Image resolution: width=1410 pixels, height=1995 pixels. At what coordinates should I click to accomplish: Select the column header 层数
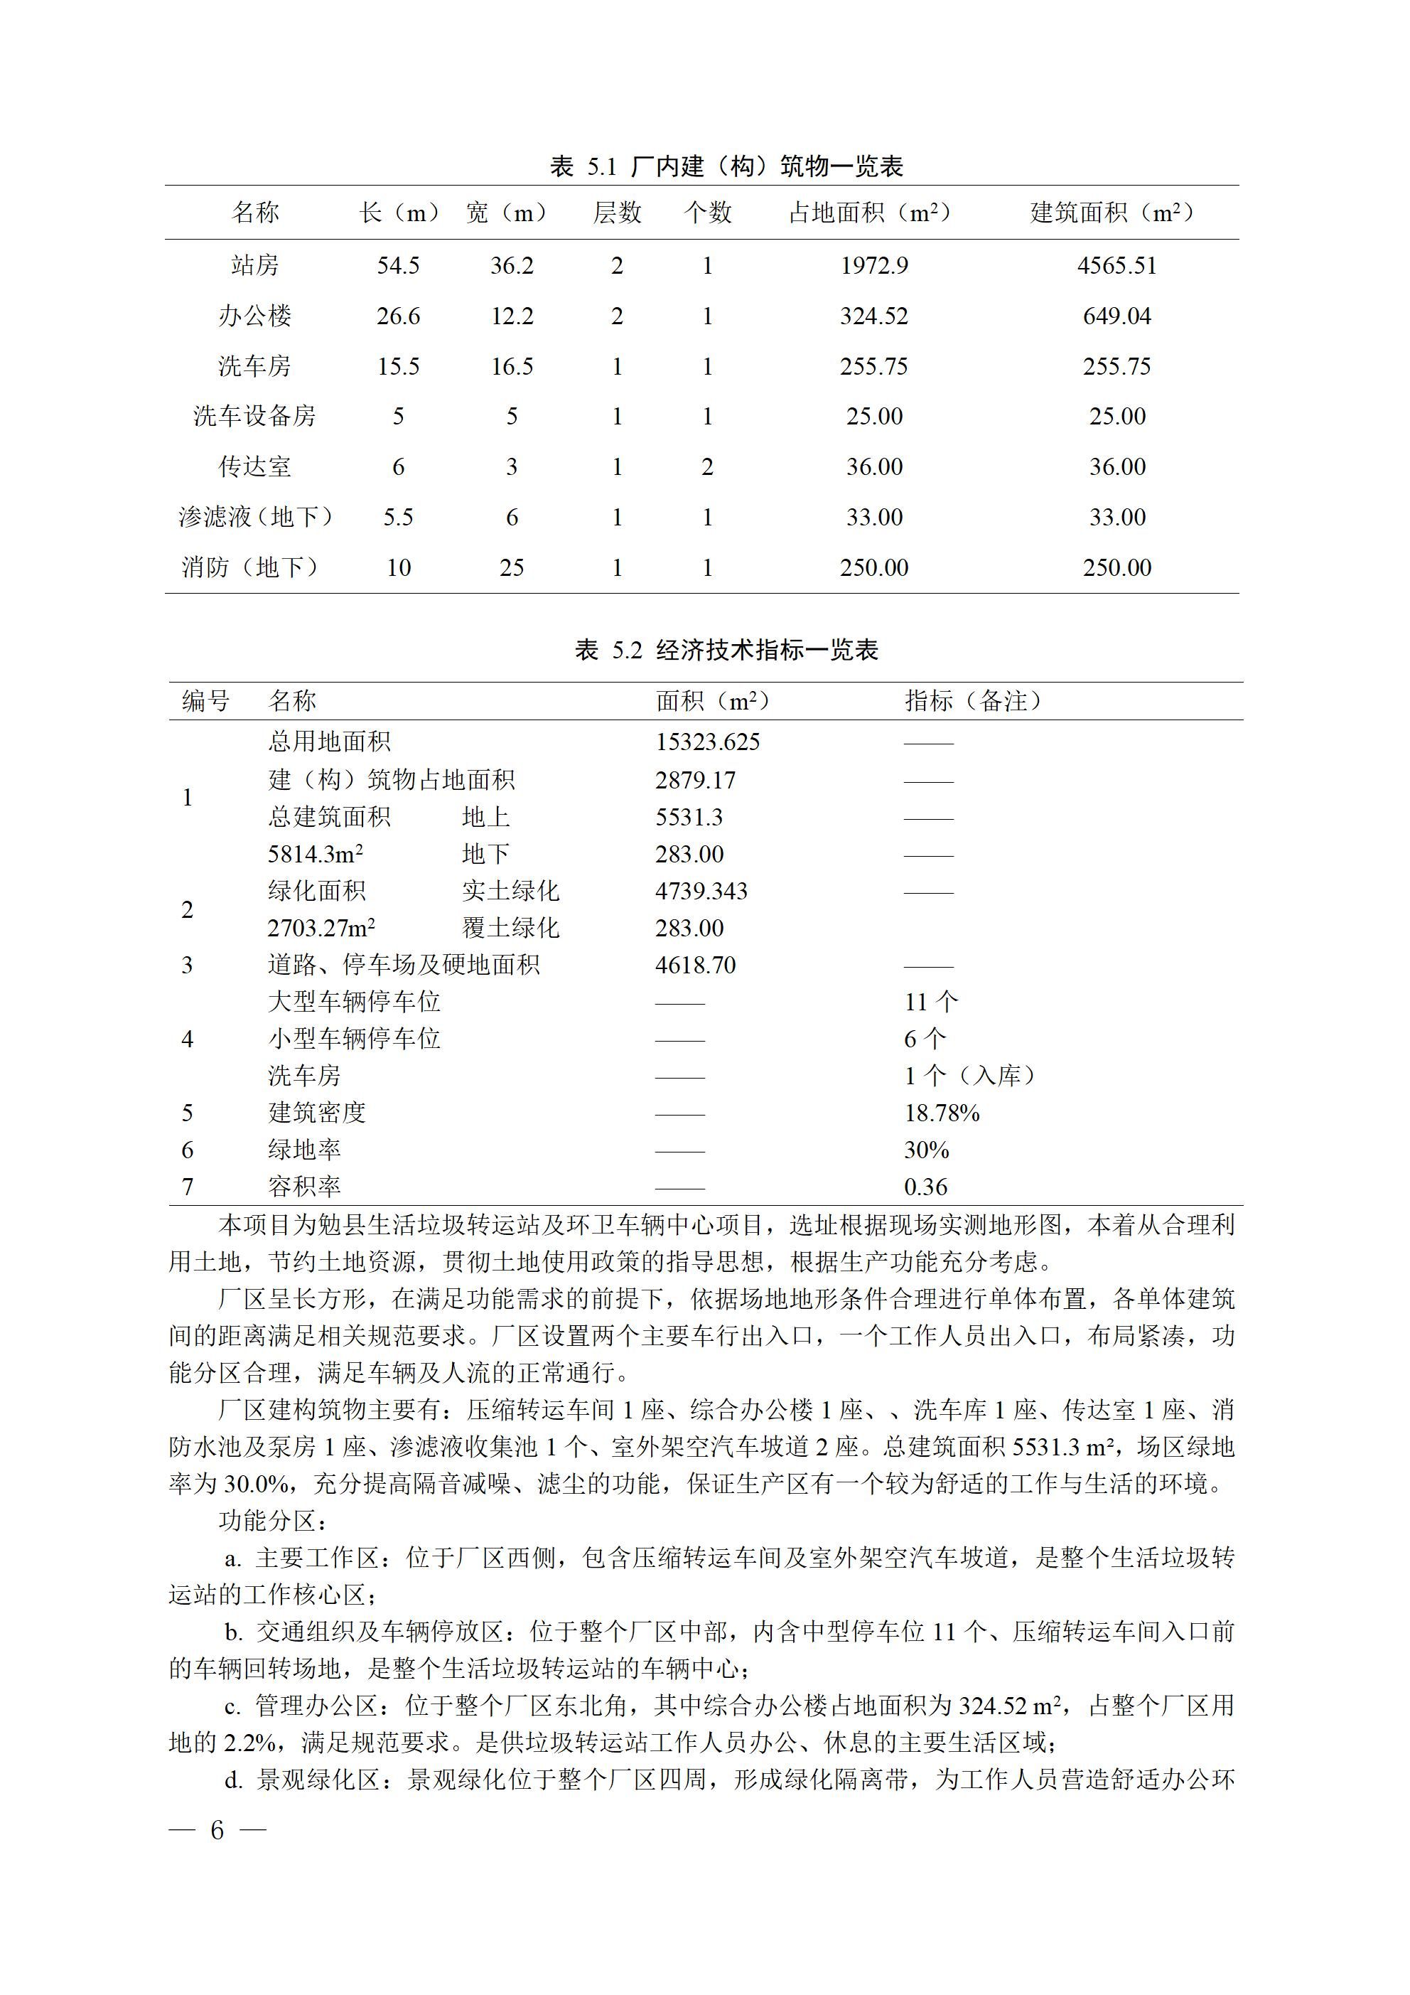point(617,212)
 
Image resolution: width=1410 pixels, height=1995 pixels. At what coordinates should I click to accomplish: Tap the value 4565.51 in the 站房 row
point(1116,265)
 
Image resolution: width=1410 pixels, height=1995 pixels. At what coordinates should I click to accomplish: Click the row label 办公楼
point(254,316)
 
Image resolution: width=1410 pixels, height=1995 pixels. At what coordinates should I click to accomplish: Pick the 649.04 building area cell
point(1116,316)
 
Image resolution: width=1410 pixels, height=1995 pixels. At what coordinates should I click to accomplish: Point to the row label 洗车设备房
point(254,416)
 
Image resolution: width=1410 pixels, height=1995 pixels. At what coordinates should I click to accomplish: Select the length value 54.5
point(398,265)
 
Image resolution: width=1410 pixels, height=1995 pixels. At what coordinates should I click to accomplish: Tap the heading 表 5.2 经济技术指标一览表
point(726,650)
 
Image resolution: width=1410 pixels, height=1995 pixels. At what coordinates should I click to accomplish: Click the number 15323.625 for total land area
point(707,742)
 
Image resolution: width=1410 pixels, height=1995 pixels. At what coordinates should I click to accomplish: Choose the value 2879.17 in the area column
point(695,779)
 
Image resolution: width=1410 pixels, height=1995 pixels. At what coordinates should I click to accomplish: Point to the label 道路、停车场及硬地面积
point(404,965)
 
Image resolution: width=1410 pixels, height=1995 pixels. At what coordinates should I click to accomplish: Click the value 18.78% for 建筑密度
point(942,1113)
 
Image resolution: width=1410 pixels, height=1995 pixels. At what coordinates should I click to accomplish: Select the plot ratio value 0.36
point(926,1187)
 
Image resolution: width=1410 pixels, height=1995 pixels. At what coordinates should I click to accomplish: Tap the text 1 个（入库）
point(972,1076)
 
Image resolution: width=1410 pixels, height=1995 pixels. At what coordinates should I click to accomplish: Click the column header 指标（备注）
point(973,700)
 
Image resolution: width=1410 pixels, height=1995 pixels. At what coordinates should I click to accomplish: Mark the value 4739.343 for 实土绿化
point(701,891)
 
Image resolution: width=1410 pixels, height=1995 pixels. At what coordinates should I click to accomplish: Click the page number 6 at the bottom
point(217,1830)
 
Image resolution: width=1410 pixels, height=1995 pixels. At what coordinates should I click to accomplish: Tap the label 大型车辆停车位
point(355,1002)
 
